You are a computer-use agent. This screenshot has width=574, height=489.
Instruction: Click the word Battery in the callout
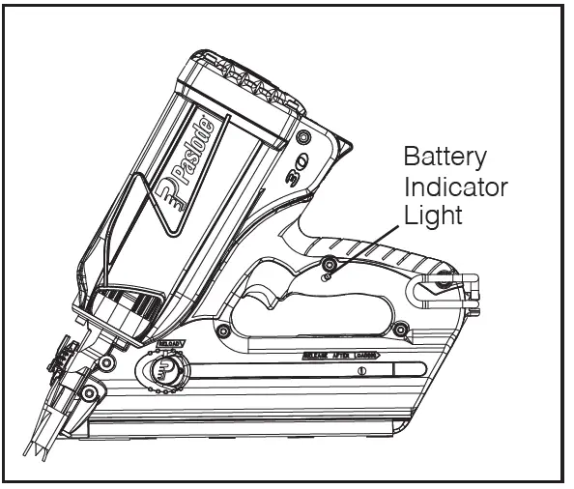pyautogui.click(x=445, y=158)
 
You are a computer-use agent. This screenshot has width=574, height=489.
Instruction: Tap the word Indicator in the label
pyautogui.click(x=456, y=186)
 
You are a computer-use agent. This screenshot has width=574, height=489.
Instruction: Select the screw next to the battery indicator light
pyautogui.click(x=331, y=264)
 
